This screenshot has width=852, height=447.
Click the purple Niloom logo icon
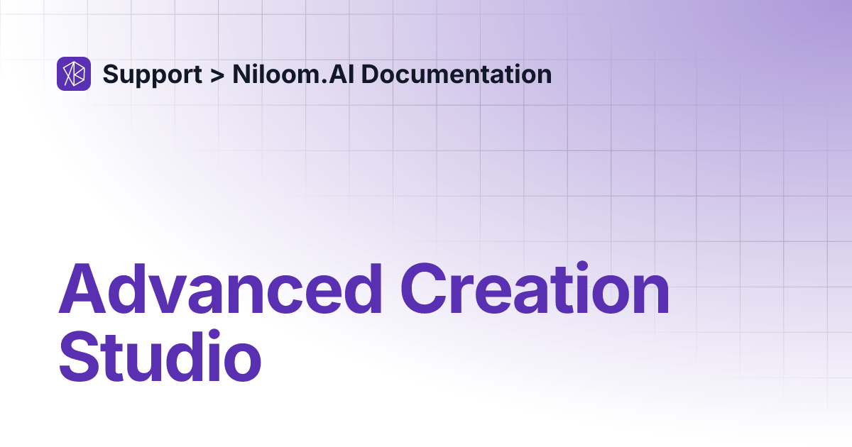pos(74,74)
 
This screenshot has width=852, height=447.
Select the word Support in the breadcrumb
pos(151,74)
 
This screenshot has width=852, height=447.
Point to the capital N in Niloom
pos(240,74)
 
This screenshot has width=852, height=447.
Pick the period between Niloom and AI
pos(324,82)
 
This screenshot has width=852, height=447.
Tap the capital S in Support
pos(111,74)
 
